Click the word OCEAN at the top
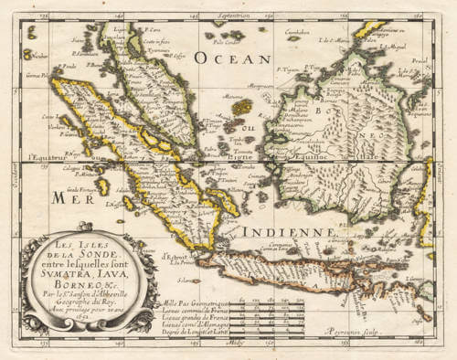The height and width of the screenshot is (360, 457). point(232,58)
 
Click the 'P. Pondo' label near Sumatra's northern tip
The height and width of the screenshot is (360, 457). point(67,67)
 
